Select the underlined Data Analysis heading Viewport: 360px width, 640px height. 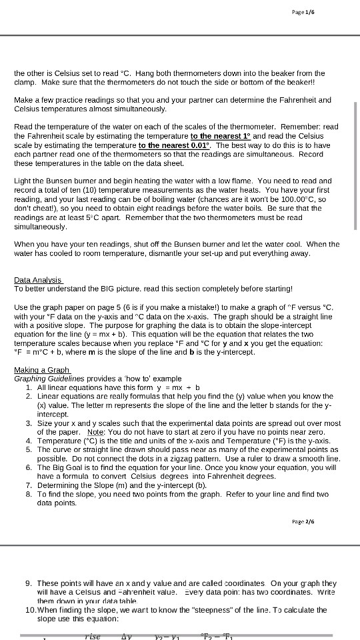point(38,280)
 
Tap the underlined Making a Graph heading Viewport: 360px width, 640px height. point(42,370)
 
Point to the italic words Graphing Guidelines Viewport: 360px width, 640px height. point(46,378)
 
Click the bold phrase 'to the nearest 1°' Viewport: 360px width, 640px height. point(220,135)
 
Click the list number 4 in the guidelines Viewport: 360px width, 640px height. point(29,441)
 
